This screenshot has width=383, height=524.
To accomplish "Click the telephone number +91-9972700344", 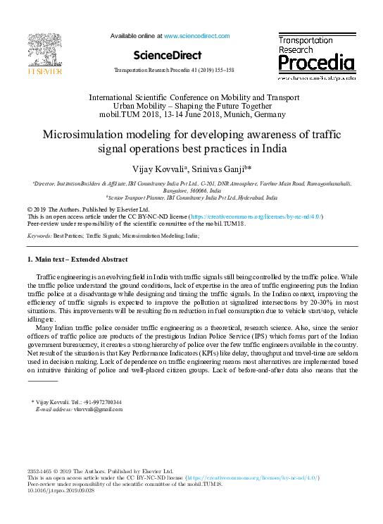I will [99, 402].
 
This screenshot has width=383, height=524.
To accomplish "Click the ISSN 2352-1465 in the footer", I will [41, 470].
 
